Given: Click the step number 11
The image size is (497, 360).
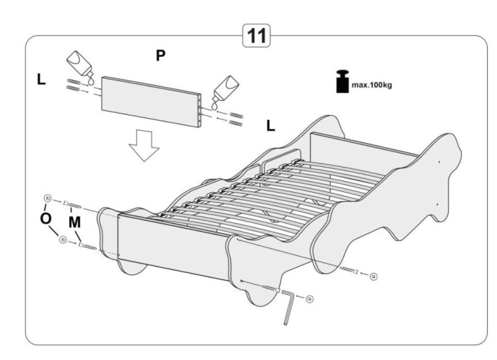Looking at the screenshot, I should [256, 36].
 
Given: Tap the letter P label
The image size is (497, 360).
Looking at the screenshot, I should [161, 55].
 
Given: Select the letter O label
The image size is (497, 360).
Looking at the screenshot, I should [46, 218].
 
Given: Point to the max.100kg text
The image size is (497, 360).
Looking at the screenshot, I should [371, 85].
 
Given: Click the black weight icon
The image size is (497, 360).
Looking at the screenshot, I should [342, 82].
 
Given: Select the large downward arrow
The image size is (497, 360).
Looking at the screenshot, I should [144, 145].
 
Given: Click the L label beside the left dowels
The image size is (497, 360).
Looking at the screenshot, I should [41, 79].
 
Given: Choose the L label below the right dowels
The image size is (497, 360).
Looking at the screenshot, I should [271, 125].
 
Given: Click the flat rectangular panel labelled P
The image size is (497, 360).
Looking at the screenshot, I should [151, 102].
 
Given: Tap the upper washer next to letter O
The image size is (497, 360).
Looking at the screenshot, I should [48, 198].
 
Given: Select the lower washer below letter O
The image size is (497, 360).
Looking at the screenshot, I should [63, 240].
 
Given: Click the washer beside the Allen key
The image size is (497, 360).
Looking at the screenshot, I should [309, 298].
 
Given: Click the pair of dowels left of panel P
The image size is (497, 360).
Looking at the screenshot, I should [74, 85].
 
